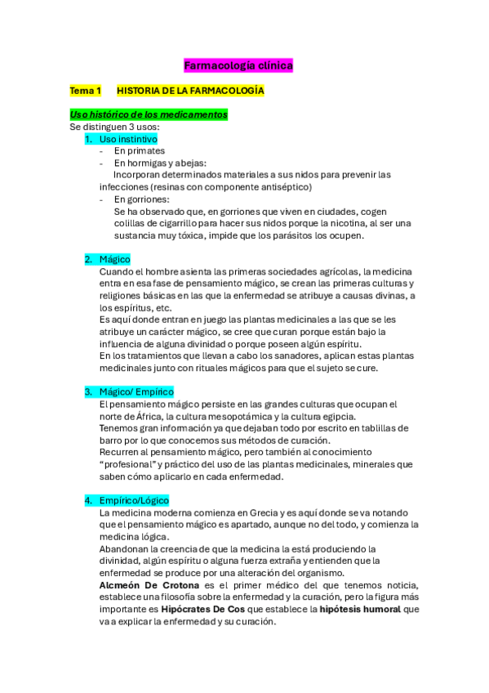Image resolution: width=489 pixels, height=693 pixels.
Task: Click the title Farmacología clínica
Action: click(x=238, y=65)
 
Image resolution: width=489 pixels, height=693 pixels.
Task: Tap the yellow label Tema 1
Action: click(x=85, y=91)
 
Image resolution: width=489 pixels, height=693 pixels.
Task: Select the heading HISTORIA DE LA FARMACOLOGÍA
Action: click(x=190, y=91)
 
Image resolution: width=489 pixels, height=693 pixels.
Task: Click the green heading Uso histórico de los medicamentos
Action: click(x=149, y=115)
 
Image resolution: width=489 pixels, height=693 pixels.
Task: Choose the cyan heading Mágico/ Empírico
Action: click(x=136, y=392)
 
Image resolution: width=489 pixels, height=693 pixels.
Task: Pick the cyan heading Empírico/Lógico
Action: click(x=134, y=500)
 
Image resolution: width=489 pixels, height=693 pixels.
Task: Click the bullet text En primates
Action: click(x=139, y=151)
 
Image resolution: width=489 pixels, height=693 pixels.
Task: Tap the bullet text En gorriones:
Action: click(x=142, y=199)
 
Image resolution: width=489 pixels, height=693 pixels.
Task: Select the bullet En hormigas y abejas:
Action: click(x=160, y=163)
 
